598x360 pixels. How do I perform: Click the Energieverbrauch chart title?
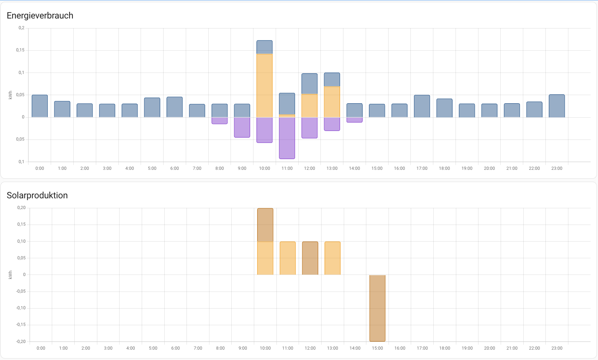pyautogui.click(x=40, y=16)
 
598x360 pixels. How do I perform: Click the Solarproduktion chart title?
pyautogui.click(x=37, y=195)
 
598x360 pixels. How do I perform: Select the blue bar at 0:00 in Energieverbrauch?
pyautogui.click(x=40, y=106)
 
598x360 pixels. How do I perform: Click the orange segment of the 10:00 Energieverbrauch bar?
pyautogui.click(x=265, y=85)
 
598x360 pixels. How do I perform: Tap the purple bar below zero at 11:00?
pyautogui.click(x=287, y=138)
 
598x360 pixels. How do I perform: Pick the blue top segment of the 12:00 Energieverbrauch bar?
pyautogui.click(x=309, y=84)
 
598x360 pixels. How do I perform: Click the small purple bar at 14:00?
pyautogui.click(x=355, y=120)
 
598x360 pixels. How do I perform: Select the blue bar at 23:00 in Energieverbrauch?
pyautogui.click(x=557, y=106)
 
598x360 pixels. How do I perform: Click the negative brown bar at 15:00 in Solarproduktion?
pyautogui.click(x=377, y=308)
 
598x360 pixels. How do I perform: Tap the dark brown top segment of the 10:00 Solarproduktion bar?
pyautogui.click(x=265, y=225)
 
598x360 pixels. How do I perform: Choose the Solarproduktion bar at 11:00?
pyautogui.click(x=288, y=258)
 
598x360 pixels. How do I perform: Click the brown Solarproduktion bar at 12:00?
pyautogui.click(x=310, y=258)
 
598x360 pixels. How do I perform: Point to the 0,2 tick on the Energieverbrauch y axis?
pyautogui.click(x=21, y=28)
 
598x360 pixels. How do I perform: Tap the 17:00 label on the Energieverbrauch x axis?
pyautogui.click(x=422, y=168)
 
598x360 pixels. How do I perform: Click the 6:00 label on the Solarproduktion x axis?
pyautogui.click(x=175, y=348)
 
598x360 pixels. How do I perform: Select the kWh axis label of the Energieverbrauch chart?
pyautogui.click(x=10, y=95)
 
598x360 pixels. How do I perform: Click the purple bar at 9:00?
pyautogui.click(x=242, y=127)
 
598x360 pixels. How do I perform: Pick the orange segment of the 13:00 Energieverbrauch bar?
pyautogui.click(x=332, y=102)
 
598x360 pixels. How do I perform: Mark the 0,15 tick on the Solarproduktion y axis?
pyautogui.click(x=21, y=224)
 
